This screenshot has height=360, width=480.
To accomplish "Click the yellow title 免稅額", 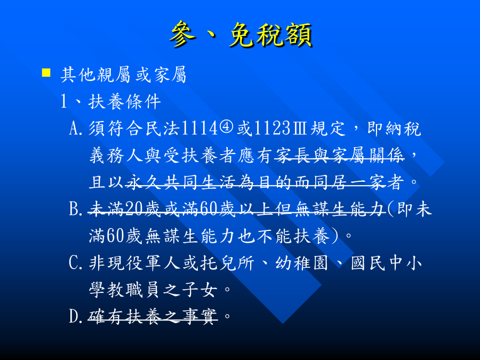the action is (x=271, y=35).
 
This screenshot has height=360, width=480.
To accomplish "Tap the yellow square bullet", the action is (x=46, y=73).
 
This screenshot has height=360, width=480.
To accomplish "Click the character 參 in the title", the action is (x=183, y=34).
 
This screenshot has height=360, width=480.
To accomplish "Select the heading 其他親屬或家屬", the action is (x=123, y=75).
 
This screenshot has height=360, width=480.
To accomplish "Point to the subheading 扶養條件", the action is (x=125, y=102).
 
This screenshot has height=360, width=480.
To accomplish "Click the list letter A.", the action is (x=76, y=129).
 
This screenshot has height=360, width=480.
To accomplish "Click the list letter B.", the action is (x=76, y=210).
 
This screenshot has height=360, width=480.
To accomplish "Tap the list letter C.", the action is (x=76, y=263).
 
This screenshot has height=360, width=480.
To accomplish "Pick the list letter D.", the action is (x=76, y=317).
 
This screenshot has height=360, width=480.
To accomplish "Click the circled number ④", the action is (x=226, y=128).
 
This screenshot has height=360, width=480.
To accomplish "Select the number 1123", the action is (x=272, y=129).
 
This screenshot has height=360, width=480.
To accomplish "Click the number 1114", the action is (x=199, y=129).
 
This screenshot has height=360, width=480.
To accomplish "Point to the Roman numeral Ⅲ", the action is (x=299, y=129).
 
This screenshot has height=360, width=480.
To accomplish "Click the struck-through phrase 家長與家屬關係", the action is (x=339, y=156).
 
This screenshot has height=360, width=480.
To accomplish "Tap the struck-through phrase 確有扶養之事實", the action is (x=153, y=317).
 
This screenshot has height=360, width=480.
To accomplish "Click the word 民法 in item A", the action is (x=162, y=129).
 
